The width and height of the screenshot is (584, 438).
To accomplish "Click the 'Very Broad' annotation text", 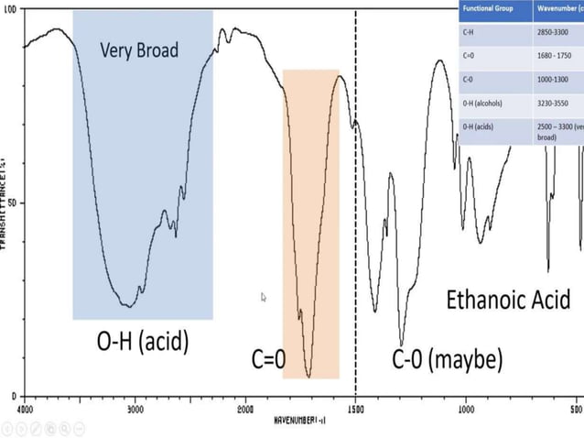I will (x=139, y=49).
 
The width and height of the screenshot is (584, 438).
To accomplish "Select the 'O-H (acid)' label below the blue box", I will (x=142, y=343).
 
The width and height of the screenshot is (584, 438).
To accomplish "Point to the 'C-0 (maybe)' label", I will (x=448, y=359).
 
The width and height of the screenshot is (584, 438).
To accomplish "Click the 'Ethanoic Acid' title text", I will (x=508, y=299).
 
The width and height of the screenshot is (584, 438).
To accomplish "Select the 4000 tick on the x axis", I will (x=25, y=408).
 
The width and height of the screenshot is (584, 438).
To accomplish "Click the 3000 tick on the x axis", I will (x=135, y=408).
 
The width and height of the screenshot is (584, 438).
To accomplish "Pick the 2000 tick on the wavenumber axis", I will (x=245, y=408).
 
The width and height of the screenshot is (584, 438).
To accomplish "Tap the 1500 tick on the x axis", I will (x=355, y=408).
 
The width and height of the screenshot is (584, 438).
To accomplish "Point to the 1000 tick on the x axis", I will (x=465, y=408).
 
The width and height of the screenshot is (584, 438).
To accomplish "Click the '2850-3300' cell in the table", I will (x=557, y=31).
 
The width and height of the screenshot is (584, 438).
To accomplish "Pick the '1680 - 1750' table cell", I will (x=557, y=56).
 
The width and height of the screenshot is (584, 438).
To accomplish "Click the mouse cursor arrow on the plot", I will (x=264, y=297).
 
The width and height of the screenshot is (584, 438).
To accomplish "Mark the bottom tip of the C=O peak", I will (x=308, y=376).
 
